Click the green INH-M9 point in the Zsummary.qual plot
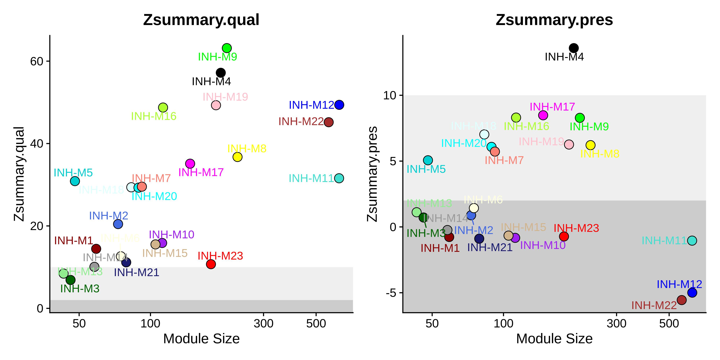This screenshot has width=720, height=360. [x=227, y=48]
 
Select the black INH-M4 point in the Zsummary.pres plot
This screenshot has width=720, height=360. [x=573, y=48]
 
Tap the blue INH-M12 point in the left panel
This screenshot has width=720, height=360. [x=339, y=105]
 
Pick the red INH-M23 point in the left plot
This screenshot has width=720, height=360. [x=211, y=264]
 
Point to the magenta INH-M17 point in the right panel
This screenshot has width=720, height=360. [x=543, y=115]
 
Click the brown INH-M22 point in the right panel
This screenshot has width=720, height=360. [x=681, y=300]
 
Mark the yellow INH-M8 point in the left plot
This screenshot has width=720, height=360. [x=237, y=157]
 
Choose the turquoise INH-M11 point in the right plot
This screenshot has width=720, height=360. [x=692, y=240]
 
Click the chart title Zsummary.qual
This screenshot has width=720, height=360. [x=201, y=20]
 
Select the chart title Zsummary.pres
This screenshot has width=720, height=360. [x=554, y=20]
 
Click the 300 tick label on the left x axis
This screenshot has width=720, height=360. [x=263, y=324]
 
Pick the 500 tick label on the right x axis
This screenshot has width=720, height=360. [x=669, y=324]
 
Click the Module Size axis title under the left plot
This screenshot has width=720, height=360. [x=201, y=339]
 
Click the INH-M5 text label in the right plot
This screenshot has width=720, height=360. [x=426, y=169]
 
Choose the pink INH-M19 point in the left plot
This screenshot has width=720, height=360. [x=216, y=105]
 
